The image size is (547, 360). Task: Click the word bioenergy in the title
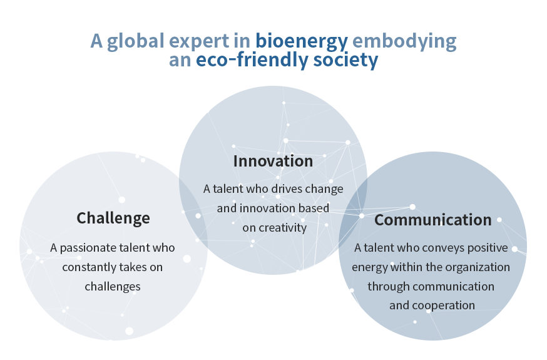click(x=302, y=42)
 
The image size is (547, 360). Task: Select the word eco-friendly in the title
click(x=252, y=59)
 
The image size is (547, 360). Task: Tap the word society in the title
click(x=345, y=61)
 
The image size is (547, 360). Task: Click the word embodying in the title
click(x=404, y=42)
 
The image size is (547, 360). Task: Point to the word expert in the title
click(x=199, y=42)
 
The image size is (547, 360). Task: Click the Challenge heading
click(x=113, y=219)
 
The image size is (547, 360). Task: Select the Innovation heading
click(x=273, y=161)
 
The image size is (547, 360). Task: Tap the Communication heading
click(x=433, y=220)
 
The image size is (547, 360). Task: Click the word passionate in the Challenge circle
click(x=88, y=248)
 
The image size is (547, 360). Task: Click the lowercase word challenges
click(x=113, y=287)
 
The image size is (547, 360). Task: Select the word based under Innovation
click(x=317, y=208)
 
